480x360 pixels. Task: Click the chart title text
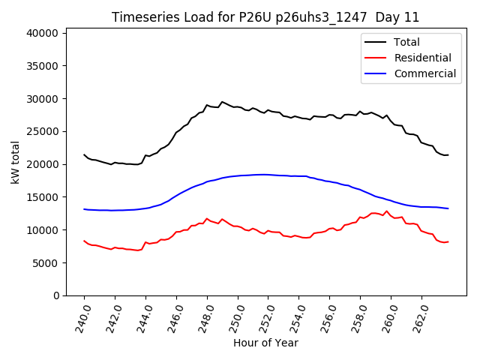[265, 17]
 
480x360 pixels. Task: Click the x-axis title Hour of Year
[265, 343]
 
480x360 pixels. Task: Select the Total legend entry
[406, 42]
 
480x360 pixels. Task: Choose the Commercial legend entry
[424, 73]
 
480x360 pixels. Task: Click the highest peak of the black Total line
[222, 101]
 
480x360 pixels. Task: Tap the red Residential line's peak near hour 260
[387, 211]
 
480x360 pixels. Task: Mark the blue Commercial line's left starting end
[84, 209]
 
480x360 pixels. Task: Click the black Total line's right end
[448, 155]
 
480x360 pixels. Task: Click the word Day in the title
[389, 17]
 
